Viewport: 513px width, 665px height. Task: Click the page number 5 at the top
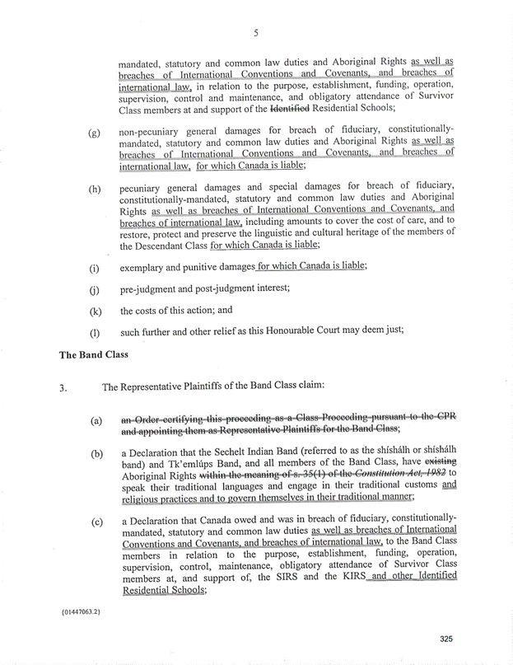click(256, 33)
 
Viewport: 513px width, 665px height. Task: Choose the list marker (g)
click(96, 133)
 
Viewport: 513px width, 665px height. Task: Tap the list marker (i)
click(95, 269)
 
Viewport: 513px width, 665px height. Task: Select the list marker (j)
click(95, 290)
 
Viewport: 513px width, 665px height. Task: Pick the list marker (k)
click(96, 311)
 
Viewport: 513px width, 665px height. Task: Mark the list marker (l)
click(95, 334)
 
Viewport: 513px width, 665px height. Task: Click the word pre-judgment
click(150, 289)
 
